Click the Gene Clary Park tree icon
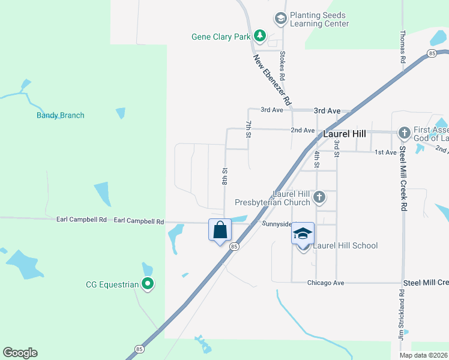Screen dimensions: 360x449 (x=259, y=37)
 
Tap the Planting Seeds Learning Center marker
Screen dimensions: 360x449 (x=280, y=19)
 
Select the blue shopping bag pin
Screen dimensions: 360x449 (x=220, y=230)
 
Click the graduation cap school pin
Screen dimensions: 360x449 (x=303, y=233)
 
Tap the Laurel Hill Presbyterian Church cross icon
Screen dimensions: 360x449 (x=320, y=196)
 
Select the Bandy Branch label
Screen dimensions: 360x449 (x=60, y=115)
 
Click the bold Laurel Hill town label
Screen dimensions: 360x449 (x=345, y=134)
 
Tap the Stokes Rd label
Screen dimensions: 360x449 (x=282, y=66)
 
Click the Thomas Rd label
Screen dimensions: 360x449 (x=403, y=47)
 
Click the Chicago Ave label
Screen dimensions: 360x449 (x=325, y=283)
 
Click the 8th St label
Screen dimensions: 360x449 (x=225, y=176)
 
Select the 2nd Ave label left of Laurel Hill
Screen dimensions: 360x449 (x=303, y=130)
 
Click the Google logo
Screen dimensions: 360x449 (x=20, y=353)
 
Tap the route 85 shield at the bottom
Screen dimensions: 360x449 (x=139, y=349)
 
